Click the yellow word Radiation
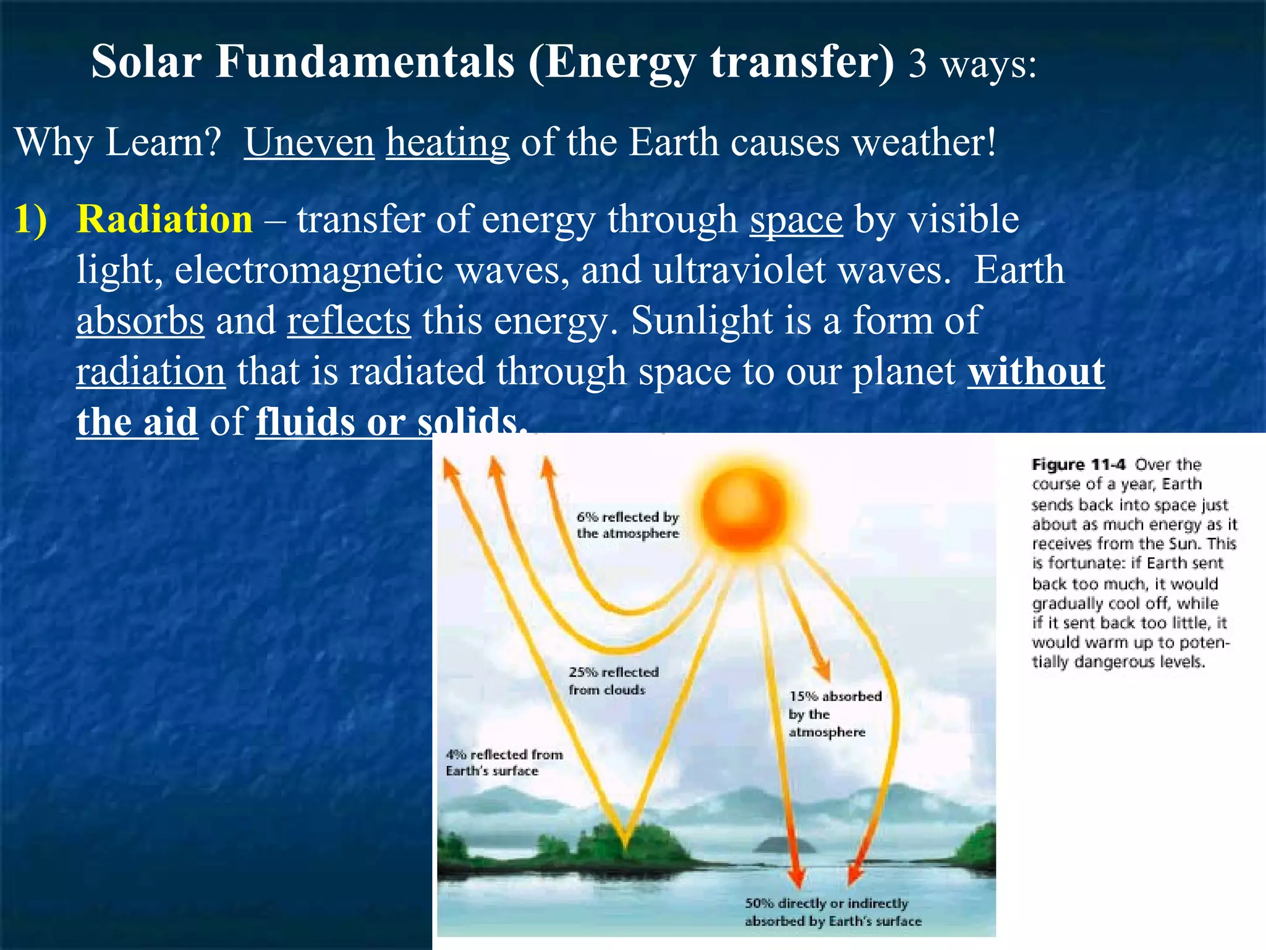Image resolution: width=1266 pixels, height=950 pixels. pyautogui.click(x=164, y=220)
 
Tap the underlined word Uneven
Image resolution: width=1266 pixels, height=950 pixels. pyautogui.click(x=309, y=142)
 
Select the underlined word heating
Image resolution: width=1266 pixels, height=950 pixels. pyautogui.click(x=448, y=142)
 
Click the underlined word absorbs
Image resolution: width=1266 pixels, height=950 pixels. pyautogui.click(x=140, y=321)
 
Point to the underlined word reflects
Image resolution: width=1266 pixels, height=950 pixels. pyautogui.click(x=349, y=321)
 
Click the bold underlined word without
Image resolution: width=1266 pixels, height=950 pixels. pyautogui.click(x=1036, y=372)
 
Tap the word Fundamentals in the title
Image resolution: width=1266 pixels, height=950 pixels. pyautogui.click(x=365, y=62)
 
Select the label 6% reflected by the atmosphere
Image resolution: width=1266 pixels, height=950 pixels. pyautogui.click(x=627, y=525)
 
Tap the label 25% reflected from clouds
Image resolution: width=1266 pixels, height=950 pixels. pyautogui.click(x=613, y=680)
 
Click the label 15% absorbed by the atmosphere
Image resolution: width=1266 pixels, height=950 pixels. pyautogui.click(x=834, y=714)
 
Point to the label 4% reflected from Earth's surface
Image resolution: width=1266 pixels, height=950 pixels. pyautogui.click(x=504, y=762)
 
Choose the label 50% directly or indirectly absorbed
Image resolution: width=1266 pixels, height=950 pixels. pyautogui.click(x=832, y=912)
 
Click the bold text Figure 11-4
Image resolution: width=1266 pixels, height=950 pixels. pyautogui.click(x=1079, y=464)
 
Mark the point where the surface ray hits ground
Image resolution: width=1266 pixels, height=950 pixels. pyautogui.click(x=624, y=844)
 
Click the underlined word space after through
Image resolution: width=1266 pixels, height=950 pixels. pyautogui.click(x=796, y=220)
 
